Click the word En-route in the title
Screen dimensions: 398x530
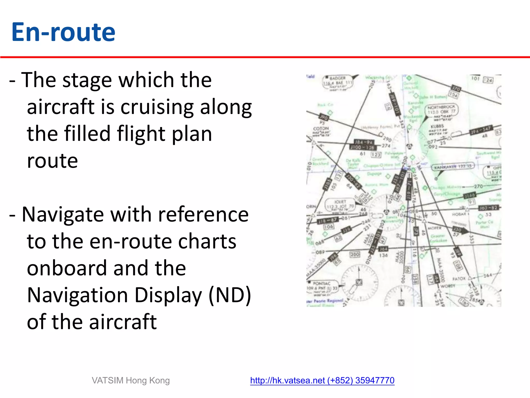pos(63,32)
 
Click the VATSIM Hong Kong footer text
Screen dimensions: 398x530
pos(131,380)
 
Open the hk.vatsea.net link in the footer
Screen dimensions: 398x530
pos(322,380)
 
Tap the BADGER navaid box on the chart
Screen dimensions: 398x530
pos(337,82)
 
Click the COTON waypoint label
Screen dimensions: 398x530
pos(321,129)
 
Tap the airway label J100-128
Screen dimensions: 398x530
pos(362,147)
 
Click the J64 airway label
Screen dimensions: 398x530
pos(383,249)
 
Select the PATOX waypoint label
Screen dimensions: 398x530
pos(459,279)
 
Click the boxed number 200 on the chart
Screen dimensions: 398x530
pos(355,254)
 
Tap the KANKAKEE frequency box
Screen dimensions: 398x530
pos(453,167)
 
